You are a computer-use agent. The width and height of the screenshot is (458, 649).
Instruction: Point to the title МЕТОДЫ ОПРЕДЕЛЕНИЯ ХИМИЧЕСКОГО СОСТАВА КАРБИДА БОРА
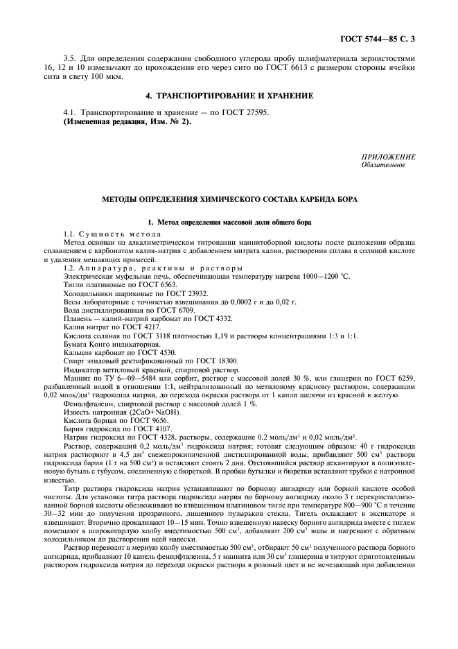coord(229,200)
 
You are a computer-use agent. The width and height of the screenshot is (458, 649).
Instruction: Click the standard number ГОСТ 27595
coord(247,112)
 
